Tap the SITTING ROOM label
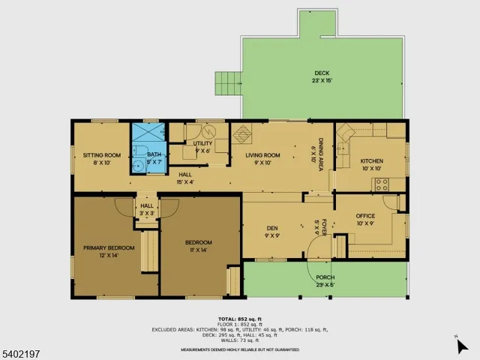(97, 157)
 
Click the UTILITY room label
(202, 147)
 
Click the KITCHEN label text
(372, 164)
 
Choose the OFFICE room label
(365, 220)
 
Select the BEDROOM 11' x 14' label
(199, 246)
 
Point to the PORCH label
(325, 281)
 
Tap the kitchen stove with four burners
(382, 184)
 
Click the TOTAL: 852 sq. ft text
(239, 319)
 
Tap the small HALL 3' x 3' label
(147, 209)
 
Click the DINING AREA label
(319, 154)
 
